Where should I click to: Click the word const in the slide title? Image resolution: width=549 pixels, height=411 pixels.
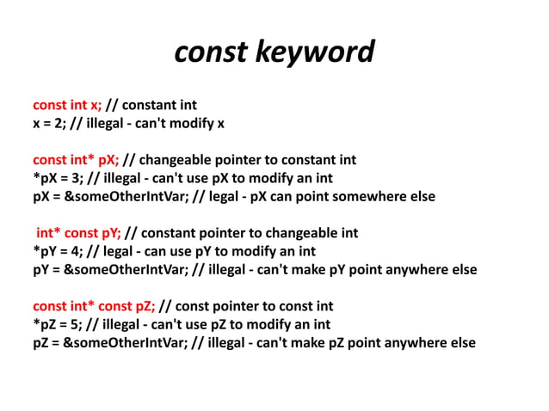coord(213,53)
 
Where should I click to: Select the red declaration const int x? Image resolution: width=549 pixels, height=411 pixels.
coord(67,106)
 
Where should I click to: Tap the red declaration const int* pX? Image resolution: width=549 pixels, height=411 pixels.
coord(76,160)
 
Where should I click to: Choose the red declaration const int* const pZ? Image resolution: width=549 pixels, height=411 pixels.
coord(94,306)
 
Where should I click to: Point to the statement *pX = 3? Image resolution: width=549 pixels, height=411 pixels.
coord(61,178)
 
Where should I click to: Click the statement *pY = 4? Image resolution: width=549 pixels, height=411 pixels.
coord(61,251)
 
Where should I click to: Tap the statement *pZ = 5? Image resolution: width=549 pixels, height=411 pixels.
coord(61,324)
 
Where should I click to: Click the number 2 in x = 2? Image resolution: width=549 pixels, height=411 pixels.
coord(60,124)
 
